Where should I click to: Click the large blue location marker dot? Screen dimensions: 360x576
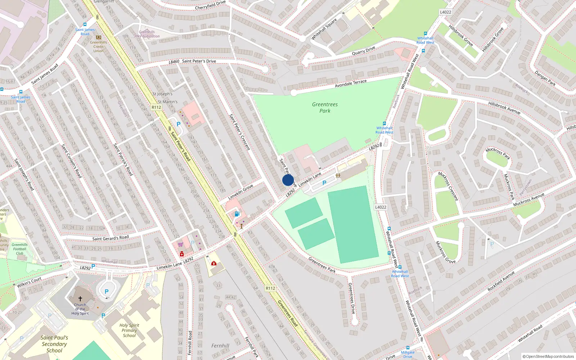click(288, 180)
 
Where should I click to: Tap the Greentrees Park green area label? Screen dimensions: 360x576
click(325, 108)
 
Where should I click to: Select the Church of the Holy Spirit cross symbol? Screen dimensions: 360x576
click(80, 299)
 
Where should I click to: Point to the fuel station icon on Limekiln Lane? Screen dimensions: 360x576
click(237, 214)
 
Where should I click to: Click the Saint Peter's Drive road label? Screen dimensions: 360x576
click(199, 61)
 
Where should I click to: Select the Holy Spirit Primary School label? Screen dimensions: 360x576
click(129, 330)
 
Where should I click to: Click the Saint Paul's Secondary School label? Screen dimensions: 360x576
click(54, 344)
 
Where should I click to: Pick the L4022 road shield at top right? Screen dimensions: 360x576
click(445, 12)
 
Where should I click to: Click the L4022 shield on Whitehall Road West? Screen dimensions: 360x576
click(381, 207)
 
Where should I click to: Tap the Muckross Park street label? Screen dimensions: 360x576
click(498, 153)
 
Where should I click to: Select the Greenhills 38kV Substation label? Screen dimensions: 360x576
click(147, 34)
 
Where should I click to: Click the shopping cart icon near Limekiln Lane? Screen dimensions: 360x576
click(180, 244)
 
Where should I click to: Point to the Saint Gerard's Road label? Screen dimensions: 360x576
click(110, 238)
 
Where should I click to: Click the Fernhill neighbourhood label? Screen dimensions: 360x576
click(220, 346)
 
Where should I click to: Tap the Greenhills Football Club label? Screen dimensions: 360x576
click(19, 249)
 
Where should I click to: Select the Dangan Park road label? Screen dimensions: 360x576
click(545, 78)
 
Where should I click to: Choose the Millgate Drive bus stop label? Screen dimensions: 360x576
click(408, 354)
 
